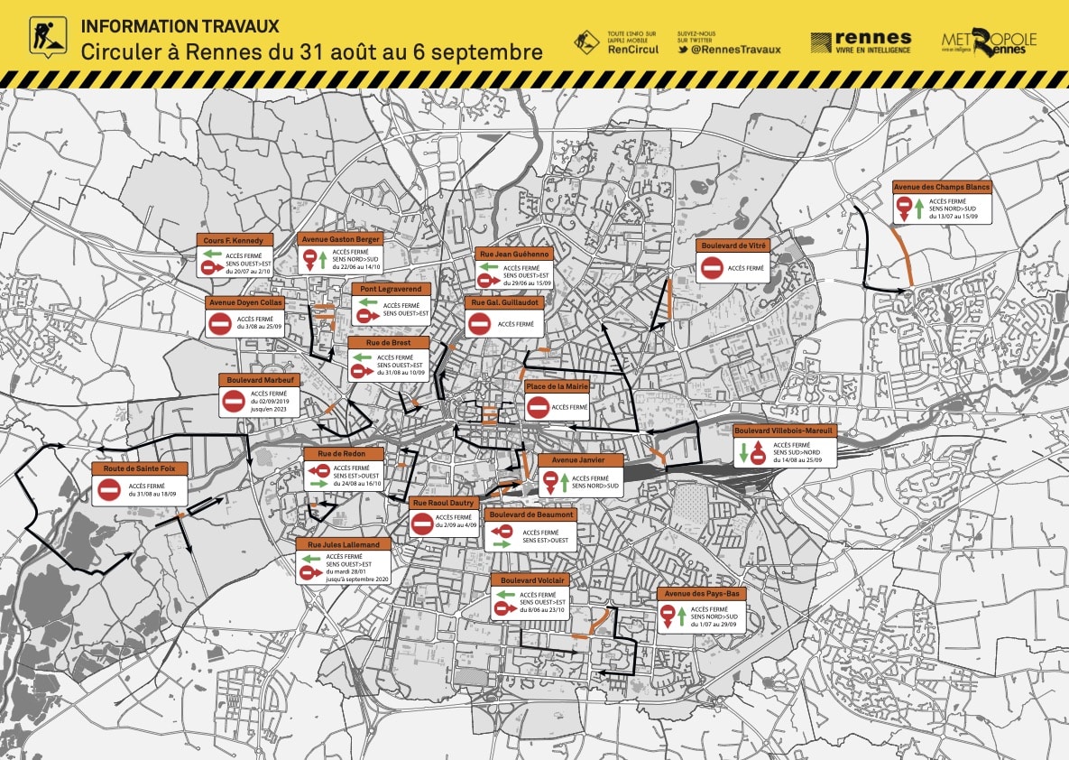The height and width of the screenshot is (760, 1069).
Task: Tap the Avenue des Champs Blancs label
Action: pos(942,187)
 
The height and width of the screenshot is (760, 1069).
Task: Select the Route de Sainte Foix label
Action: pos(139,468)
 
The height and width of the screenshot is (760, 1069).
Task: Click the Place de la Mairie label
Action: pos(558,386)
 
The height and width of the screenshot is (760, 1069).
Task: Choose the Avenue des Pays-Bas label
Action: pos(701,594)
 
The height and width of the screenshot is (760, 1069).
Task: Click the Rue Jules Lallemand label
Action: pos(344,544)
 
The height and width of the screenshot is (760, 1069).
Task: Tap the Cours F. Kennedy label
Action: pos(233,240)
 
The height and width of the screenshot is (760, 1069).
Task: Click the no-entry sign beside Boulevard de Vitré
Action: pos(712,268)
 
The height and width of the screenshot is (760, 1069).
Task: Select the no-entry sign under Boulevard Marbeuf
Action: pos(234,402)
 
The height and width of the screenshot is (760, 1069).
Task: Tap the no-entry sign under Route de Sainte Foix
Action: pos(109,490)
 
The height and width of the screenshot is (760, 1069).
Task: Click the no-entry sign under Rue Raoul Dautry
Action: pos(422,523)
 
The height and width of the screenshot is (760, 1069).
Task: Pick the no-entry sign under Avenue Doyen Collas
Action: pos(220,324)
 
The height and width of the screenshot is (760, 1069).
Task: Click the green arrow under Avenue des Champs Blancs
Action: pos(918,209)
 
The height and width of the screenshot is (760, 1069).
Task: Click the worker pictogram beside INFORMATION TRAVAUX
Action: pos(43,36)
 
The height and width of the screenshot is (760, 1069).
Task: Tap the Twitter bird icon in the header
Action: pos(685,50)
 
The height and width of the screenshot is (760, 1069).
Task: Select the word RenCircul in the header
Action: pos(633,50)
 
